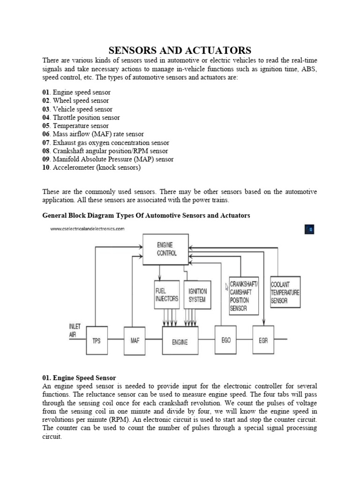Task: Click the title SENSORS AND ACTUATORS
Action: pos(180,50)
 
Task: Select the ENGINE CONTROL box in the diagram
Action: pos(167,248)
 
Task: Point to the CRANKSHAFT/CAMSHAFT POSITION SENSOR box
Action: pos(243,295)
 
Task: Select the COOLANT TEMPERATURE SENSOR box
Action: pos(285,292)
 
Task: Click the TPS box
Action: pos(97,341)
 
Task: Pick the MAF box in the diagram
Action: pos(135,341)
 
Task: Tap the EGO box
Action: pos(226,340)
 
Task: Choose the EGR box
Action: pos(263,340)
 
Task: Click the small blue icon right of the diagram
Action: pos(309,229)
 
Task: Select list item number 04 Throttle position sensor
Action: pos(81,118)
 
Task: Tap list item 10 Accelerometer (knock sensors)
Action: pos(91,167)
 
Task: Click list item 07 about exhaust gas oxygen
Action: pos(105,142)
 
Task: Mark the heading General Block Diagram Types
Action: pos(146,216)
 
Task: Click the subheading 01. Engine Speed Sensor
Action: pos(79,377)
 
